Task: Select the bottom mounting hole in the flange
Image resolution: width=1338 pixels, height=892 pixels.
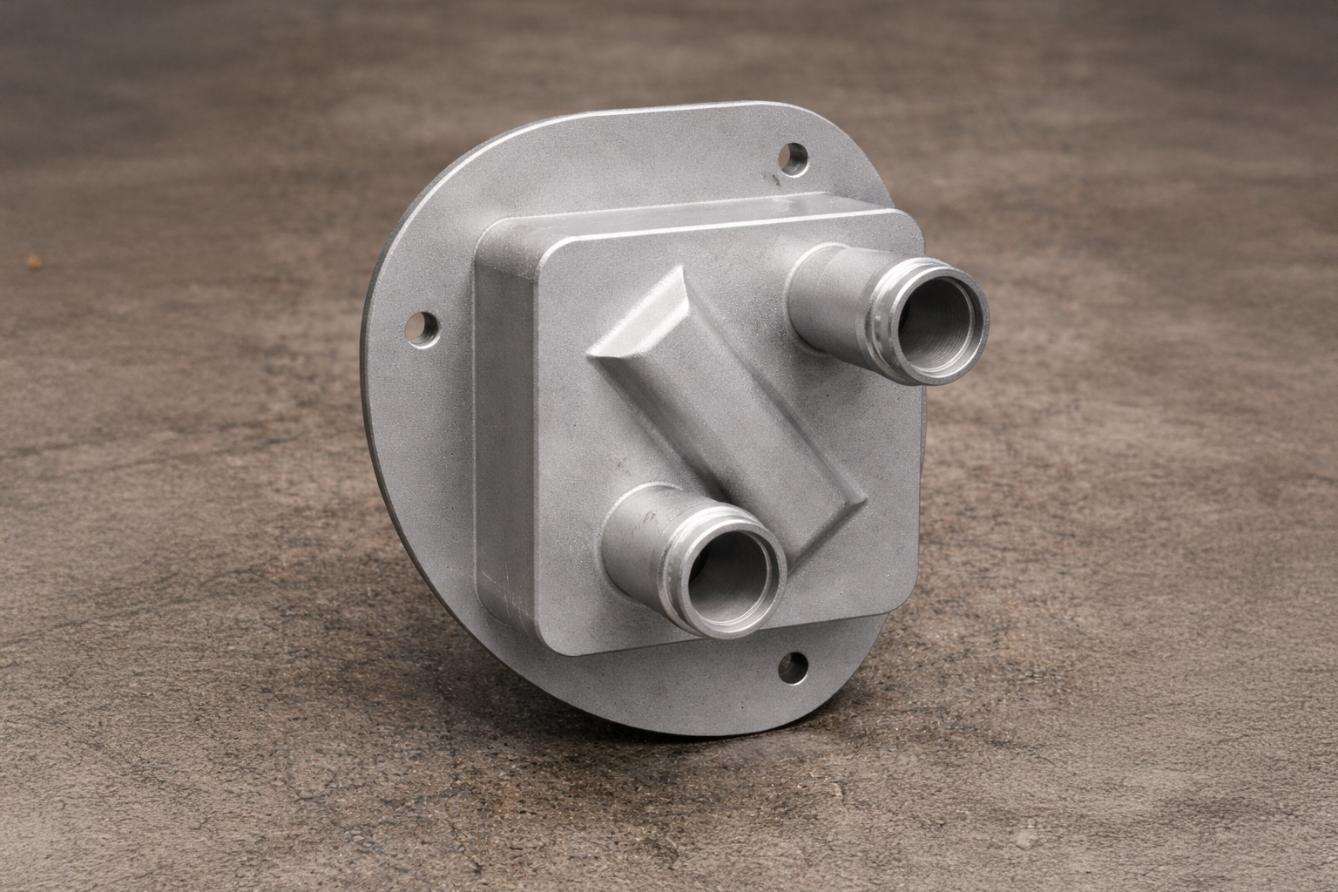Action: click(x=794, y=668)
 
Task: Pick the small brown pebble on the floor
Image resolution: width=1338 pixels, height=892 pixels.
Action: click(x=34, y=260)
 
